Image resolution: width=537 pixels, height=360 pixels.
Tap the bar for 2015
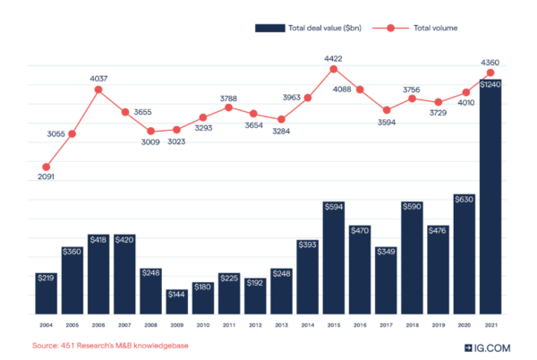[334, 258]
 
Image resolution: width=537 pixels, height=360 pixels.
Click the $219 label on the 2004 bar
[47, 279]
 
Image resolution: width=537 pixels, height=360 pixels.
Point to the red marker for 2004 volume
[47, 167]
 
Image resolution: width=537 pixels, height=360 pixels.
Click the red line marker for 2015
[334, 69]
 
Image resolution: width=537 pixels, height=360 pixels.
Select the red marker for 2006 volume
[98, 90]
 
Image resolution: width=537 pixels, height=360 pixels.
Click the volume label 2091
[46, 178]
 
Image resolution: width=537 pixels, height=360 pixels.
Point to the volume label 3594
[387, 124]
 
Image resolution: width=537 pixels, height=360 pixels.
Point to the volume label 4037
[98, 78]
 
